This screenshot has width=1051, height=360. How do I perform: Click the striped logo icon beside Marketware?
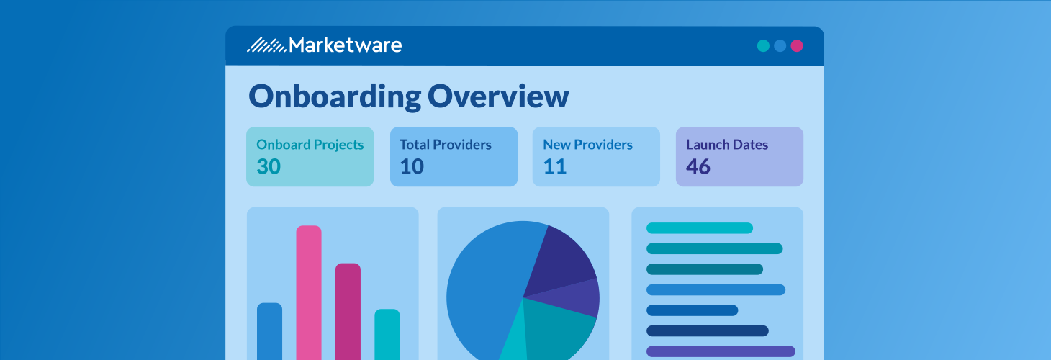point(266,45)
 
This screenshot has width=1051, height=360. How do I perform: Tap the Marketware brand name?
point(345,45)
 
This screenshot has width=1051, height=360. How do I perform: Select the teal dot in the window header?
point(763,46)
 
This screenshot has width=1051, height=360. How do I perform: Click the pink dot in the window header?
point(796,46)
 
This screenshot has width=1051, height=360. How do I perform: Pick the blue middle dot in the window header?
point(780,46)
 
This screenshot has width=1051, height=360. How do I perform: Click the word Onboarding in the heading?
point(334,96)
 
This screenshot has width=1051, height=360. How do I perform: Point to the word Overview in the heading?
point(498,96)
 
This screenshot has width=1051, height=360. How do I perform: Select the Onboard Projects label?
point(310,145)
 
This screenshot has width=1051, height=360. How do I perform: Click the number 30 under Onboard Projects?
point(269,167)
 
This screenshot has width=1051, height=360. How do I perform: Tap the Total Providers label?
point(445,145)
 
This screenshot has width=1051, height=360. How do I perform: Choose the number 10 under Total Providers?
point(412,167)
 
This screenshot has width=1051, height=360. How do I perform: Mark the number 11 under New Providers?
point(555,167)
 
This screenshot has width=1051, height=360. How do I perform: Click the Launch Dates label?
point(727,145)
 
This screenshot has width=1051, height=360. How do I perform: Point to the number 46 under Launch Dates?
point(698,167)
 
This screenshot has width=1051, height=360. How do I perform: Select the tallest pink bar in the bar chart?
point(309,292)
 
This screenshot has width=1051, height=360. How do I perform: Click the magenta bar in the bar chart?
point(348,310)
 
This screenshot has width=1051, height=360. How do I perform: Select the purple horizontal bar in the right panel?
point(721,351)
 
